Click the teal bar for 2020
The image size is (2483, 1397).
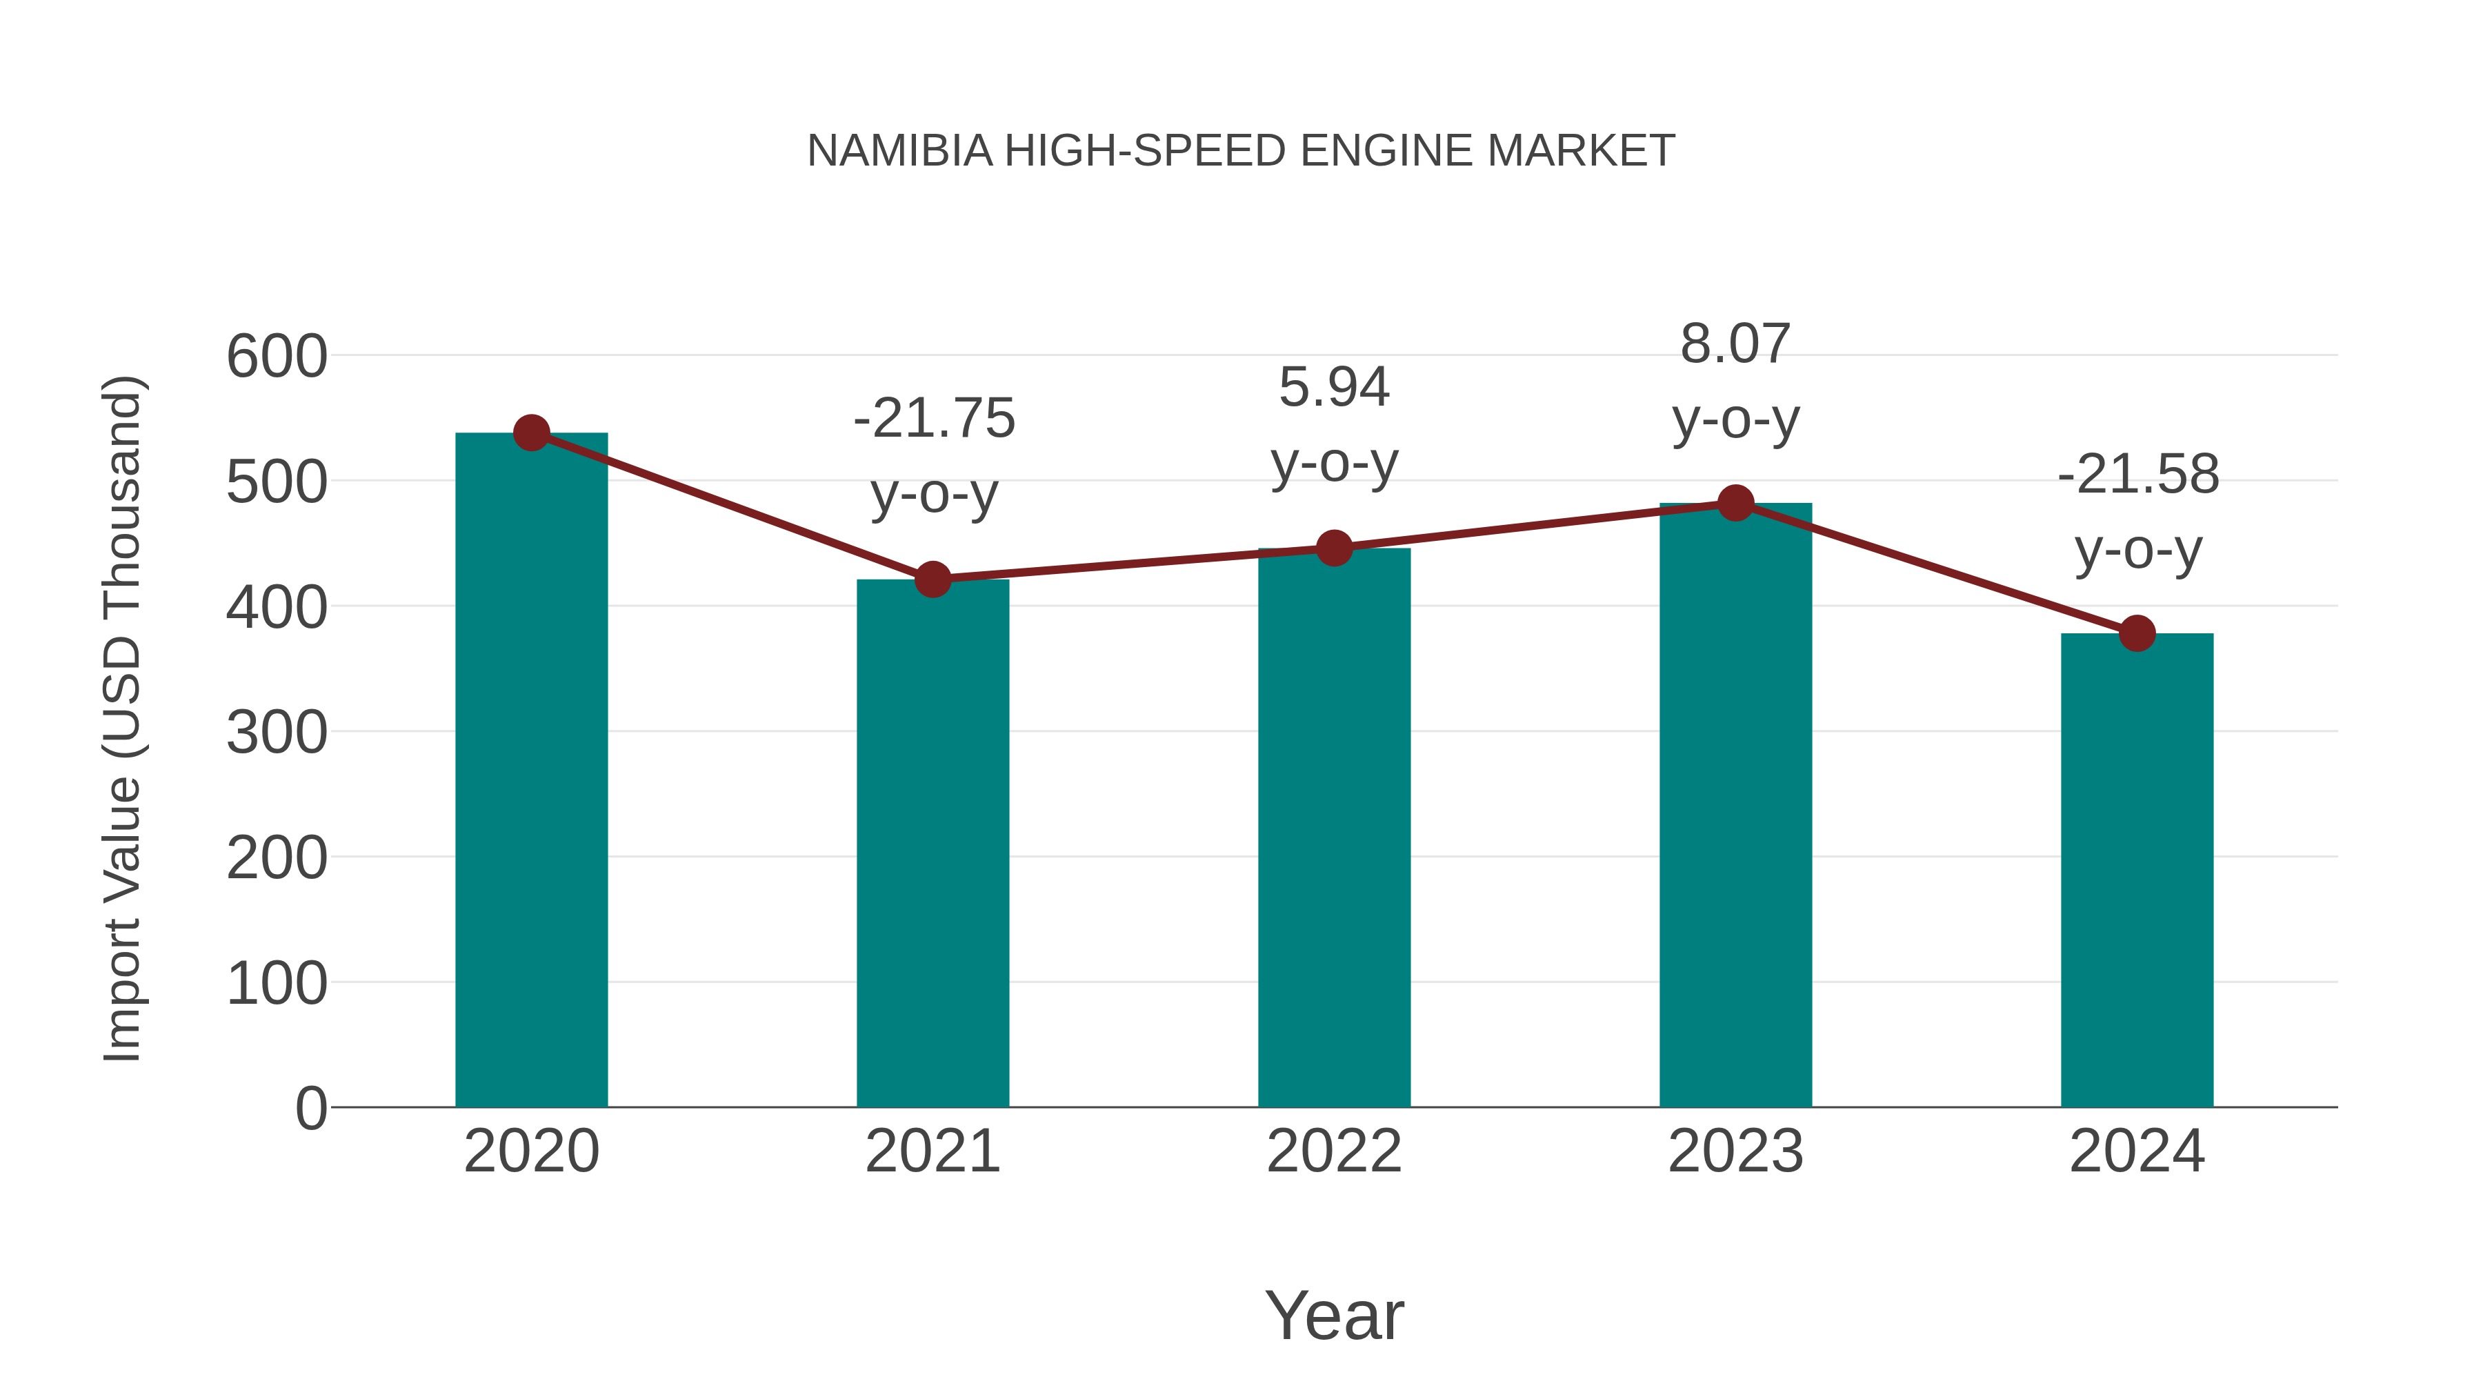[531, 771]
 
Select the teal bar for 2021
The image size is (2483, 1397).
[932, 844]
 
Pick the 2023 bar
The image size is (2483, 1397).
[1735, 805]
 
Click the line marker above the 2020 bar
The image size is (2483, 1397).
[531, 433]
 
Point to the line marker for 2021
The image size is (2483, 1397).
[932, 579]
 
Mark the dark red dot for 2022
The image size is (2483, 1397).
[1334, 548]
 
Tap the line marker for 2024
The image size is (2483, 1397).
[2137, 633]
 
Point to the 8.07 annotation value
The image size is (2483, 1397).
[1735, 344]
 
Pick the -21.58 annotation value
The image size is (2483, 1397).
[2138, 475]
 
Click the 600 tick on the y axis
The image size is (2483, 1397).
[277, 357]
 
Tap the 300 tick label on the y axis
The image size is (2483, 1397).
[277, 733]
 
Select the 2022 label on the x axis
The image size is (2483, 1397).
[1334, 1151]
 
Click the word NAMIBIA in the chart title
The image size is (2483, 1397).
[899, 151]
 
